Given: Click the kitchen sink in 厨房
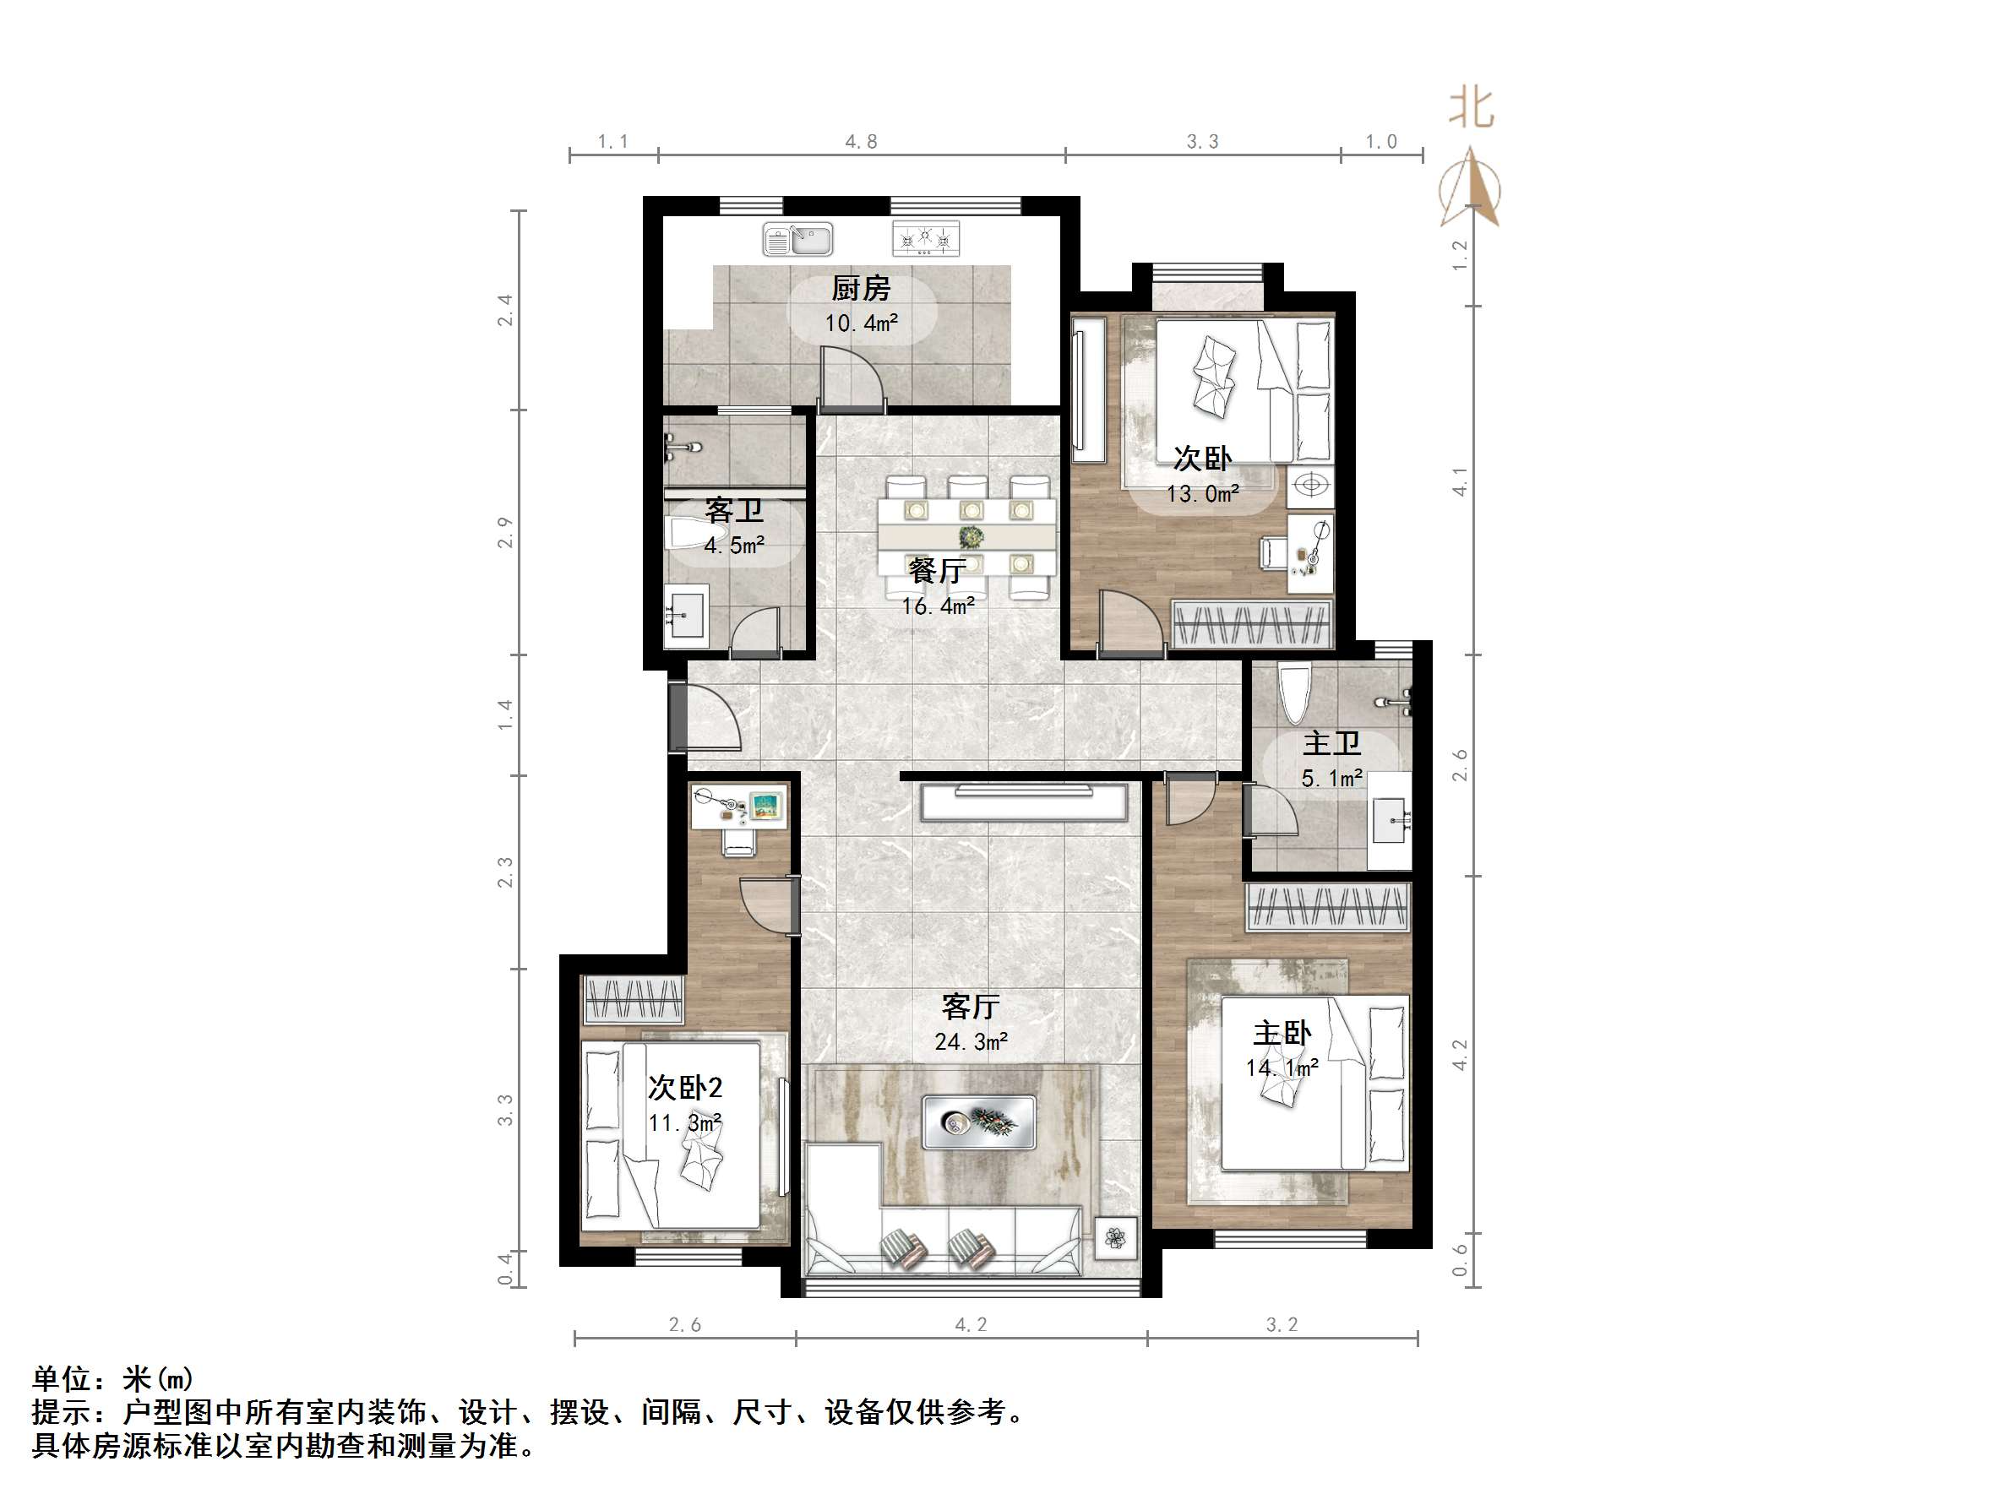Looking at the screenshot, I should (x=797, y=240).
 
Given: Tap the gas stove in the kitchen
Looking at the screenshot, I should (x=925, y=239).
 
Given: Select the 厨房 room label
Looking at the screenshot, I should (x=860, y=288).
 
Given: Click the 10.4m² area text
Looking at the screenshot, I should (x=861, y=323).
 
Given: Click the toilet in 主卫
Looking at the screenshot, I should (x=1295, y=693).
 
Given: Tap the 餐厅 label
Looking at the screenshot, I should (x=937, y=570).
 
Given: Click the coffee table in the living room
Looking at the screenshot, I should (x=979, y=1122).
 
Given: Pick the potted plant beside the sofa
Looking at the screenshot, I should (x=1116, y=1238).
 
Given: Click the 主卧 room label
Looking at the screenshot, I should (x=1282, y=1033).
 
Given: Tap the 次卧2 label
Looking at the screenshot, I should (x=684, y=1088).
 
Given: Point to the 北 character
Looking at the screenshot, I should (x=1472, y=109).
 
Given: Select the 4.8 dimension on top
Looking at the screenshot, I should (x=861, y=141).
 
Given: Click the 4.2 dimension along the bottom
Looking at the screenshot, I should (x=971, y=1325).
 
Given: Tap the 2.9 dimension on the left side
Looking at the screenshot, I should (x=505, y=532).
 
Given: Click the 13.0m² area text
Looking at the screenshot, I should (x=1202, y=493).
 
